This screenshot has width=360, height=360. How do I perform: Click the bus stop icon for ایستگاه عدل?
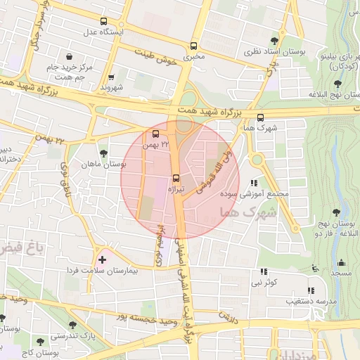tap(104, 21)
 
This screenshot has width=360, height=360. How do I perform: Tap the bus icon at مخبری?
tap(193, 46)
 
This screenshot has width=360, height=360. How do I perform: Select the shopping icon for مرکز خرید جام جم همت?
tap(69, 56)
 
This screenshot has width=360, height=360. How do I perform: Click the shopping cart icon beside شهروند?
tap(111, 77)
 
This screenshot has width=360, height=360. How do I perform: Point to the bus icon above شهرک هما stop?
tap(260, 117)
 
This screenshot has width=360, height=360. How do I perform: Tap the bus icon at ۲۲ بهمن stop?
tap(155, 134)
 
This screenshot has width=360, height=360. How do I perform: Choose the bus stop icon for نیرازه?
tap(176, 178)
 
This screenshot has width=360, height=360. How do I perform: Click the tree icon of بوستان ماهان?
tap(103, 153)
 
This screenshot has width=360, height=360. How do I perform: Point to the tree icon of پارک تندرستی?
tap(72, 325)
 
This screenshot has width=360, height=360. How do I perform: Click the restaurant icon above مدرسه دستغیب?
tap(310, 290)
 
